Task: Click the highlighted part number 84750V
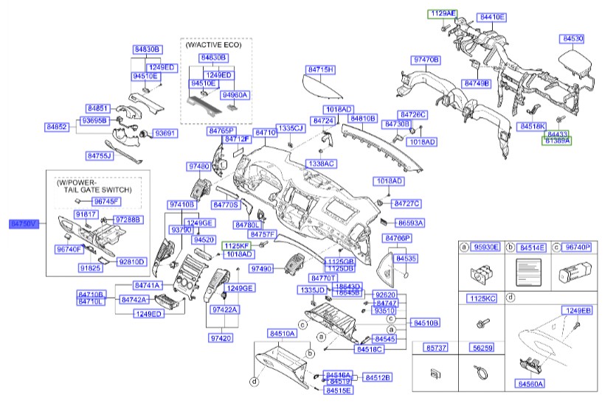click(22, 222)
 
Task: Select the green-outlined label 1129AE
click(444, 13)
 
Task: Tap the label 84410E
click(491, 15)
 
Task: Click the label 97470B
click(426, 59)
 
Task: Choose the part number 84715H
click(320, 69)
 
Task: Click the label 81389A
click(557, 140)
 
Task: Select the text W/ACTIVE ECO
click(215, 45)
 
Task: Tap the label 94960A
click(235, 95)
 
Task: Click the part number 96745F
click(106, 201)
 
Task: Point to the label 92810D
click(133, 261)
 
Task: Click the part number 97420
click(221, 337)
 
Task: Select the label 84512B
click(378, 377)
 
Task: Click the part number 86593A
click(409, 222)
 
